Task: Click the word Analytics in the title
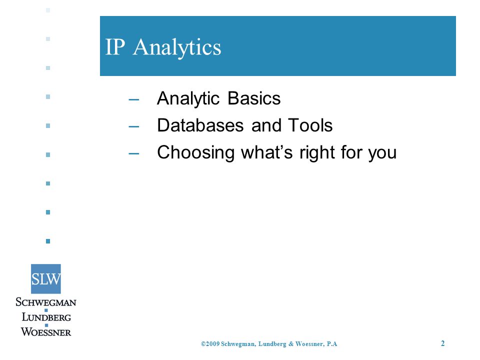tap(177, 47)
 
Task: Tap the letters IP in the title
tap(115, 47)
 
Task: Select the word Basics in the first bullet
tap(254, 98)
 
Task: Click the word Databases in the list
tap(200, 125)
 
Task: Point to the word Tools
tap(310, 125)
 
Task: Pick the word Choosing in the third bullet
tap(196, 153)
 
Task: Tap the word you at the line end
tap(382, 154)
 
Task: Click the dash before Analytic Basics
tap(134, 99)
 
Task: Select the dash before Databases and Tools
tap(134, 126)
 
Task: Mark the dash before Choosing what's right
tap(134, 153)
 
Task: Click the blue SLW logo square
tap(46, 279)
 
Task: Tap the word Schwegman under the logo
tap(46, 302)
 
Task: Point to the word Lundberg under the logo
tap(46, 317)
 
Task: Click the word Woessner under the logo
tap(46, 331)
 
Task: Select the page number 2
tap(442, 343)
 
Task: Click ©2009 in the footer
tap(210, 344)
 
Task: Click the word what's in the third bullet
tap(267, 152)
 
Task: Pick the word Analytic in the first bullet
tap(188, 99)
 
